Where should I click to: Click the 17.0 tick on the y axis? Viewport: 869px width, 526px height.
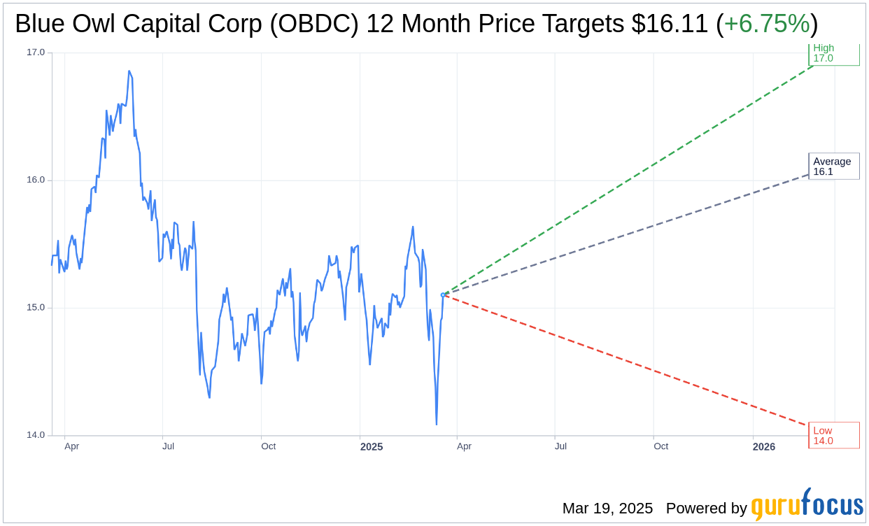tap(35, 52)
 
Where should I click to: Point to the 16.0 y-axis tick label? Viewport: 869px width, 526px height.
tap(35, 180)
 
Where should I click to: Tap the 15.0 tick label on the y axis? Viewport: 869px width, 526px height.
tap(35, 308)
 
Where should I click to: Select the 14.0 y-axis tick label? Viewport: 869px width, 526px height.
tap(35, 435)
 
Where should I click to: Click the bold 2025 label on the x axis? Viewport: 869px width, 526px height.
tap(372, 447)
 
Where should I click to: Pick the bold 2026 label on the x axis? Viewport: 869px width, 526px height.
tap(764, 447)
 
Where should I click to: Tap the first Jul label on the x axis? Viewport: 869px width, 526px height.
tap(168, 446)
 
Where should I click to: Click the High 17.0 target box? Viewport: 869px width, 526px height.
tap(833, 54)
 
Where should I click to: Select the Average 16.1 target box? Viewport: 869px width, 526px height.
tap(833, 166)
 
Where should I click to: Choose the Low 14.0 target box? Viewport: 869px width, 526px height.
tap(833, 435)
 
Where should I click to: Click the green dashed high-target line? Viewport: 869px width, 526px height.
tap(630, 179)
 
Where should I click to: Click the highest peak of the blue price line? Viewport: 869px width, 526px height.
tap(129, 71)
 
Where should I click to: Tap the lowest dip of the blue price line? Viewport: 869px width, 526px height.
tap(437, 424)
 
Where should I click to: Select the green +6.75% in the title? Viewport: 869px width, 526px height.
tap(766, 24)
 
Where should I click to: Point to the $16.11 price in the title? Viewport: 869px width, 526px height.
tap(670, 24)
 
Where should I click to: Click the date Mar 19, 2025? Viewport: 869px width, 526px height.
tap(607, 509)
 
